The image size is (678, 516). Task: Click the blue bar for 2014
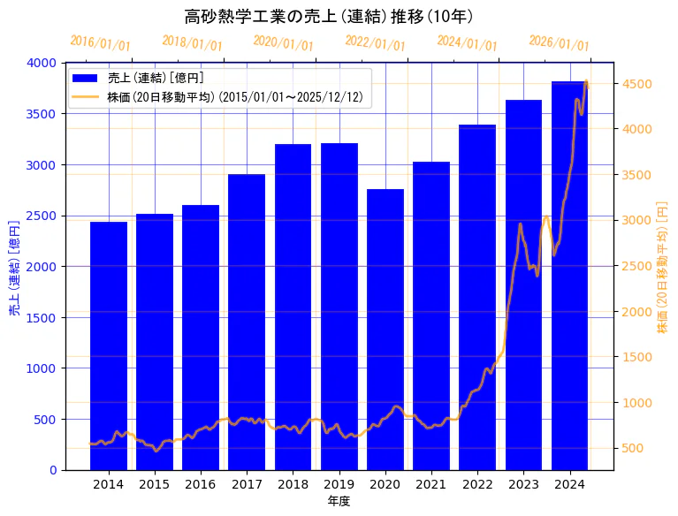(109, 345)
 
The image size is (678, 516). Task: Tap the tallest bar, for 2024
(570, 275)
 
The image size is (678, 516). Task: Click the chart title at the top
(329, 17)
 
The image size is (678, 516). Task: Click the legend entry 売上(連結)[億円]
(156, 78)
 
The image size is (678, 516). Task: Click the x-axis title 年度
(339, 501)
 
